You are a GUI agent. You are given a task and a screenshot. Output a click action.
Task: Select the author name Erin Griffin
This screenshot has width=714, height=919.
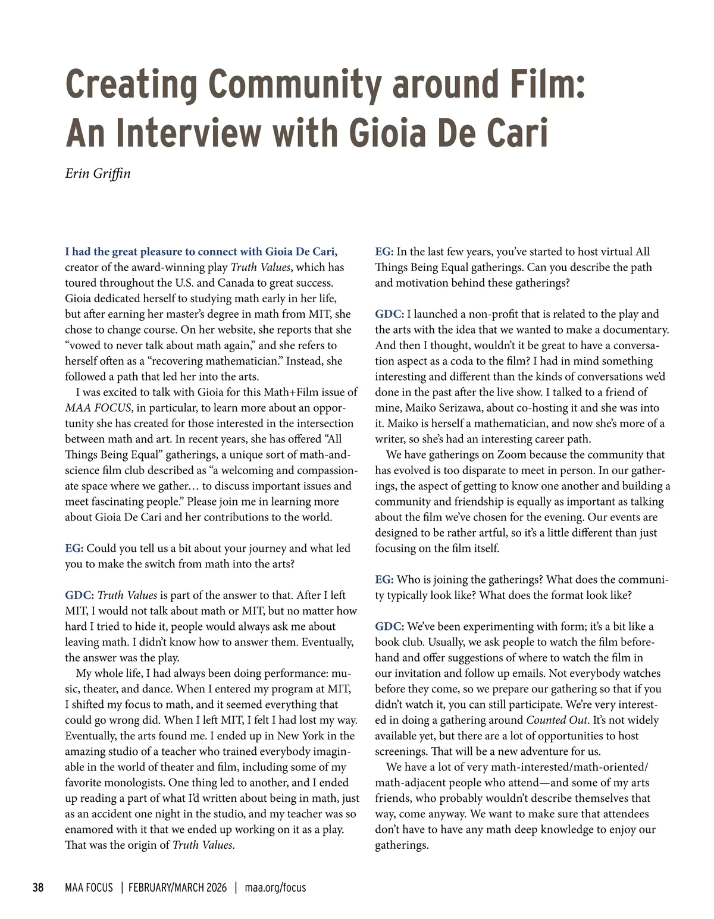[x=98, y=173]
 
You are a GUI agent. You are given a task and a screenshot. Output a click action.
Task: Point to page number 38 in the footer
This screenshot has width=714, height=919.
[x=37, y=888]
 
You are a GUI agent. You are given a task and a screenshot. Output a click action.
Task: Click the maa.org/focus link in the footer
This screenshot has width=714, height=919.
[x=275, y=888]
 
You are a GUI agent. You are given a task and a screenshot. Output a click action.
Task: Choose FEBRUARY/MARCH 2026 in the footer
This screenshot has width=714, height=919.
[x=177, y=888]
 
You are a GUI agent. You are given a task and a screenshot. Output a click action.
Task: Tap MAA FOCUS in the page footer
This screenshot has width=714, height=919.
[x=89, y=888]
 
